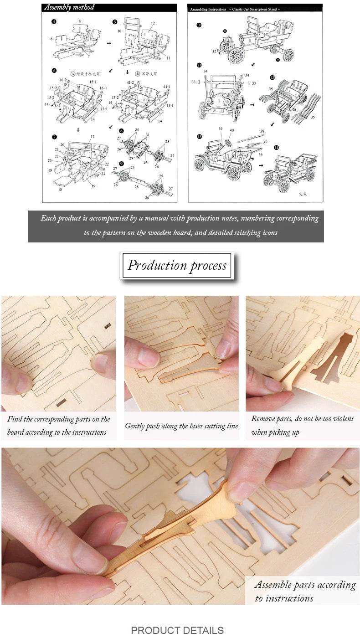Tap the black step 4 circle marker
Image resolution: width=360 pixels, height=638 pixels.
coord(54,21)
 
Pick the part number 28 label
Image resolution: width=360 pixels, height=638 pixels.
coord(136,187)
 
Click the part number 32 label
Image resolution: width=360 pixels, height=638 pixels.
coord(214,52)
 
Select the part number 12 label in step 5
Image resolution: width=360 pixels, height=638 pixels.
coord(153,23)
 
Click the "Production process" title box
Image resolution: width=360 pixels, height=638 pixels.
coord(177,265)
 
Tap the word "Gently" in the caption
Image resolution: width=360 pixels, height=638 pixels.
coord(137,426)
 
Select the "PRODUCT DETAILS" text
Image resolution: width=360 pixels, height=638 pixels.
coord(177,630)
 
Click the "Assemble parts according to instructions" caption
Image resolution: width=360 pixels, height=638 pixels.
coord(304,591)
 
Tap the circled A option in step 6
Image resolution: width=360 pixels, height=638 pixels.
coord(73,72)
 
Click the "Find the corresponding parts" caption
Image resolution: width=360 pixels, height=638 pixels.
coord(59,425)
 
